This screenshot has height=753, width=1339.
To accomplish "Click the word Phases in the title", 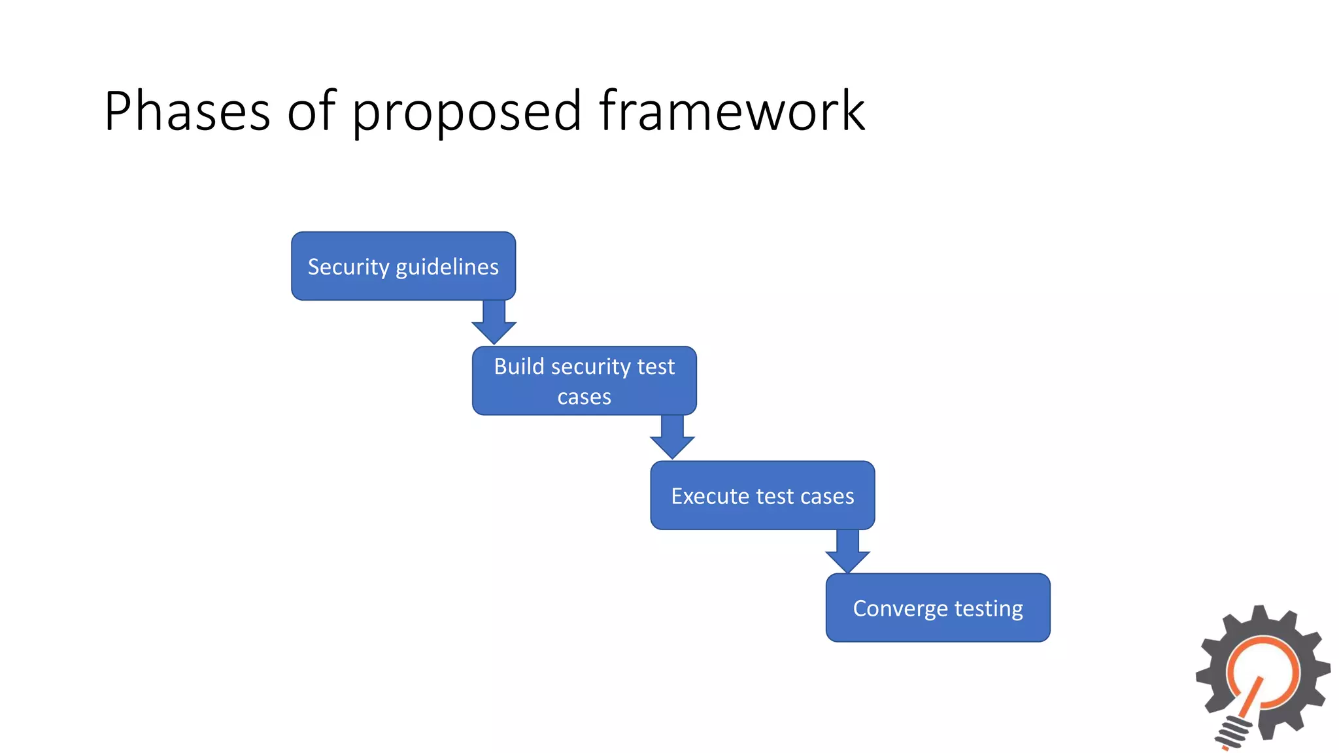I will pos(186,111).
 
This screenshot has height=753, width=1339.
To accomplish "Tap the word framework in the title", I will pos(732,111).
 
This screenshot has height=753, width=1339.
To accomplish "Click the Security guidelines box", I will pos(403,266).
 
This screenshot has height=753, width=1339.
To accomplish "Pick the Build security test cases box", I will pos(584,381).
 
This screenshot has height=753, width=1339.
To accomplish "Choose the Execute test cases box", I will pos(762,495).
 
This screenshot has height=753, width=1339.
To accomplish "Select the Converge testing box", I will pos(938,608).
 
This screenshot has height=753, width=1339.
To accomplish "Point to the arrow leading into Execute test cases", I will pos(672,437).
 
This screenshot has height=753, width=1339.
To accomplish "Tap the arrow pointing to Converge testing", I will pos(847,551).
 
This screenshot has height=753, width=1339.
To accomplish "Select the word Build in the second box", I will pos(519,367).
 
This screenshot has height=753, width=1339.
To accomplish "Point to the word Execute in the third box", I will pos(709,496).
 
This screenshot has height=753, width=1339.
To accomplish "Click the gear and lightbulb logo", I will pos(1262,677).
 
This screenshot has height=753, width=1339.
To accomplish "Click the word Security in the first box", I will pos(348,267).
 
